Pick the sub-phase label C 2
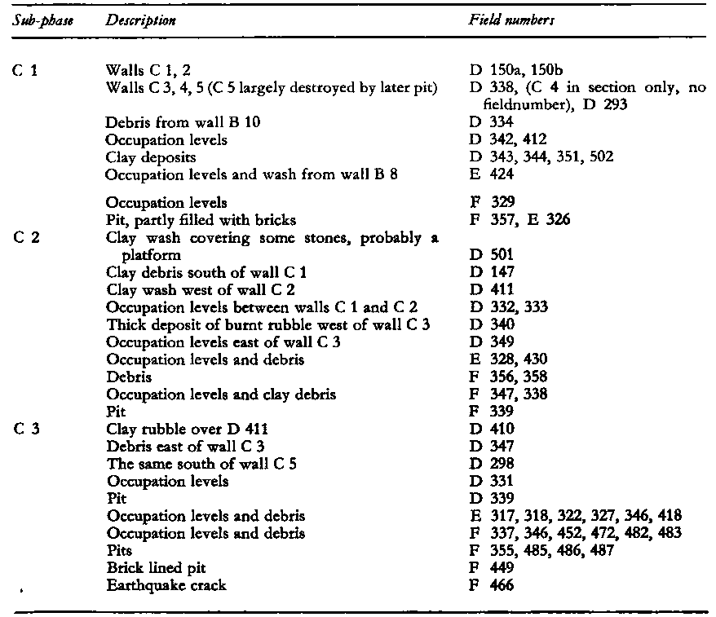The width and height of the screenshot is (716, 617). click(26, 238)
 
